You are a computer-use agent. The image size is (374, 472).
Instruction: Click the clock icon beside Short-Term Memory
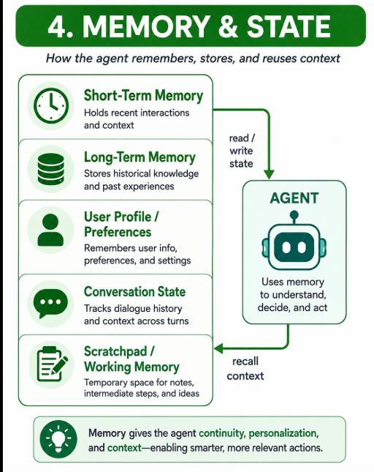(51, 105)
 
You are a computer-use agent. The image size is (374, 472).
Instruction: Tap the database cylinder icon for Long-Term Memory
(51, 169)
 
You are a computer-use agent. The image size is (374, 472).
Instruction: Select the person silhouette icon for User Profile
(50, 230)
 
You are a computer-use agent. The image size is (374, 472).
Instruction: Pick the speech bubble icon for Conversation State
(50, 304)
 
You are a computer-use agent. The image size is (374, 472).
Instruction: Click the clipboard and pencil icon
(53, 364)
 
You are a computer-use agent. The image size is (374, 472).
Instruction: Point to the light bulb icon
(58, 439)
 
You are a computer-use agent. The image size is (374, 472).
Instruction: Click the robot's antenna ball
(294, 215)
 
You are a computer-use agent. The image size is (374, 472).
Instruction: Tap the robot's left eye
(286, 247)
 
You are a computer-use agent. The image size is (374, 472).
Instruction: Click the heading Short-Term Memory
(143, 96)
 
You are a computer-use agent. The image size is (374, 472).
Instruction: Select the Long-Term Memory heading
(140, 157)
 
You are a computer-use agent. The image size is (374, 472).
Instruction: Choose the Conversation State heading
(134, 292)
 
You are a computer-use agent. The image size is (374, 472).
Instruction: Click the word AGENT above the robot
(294, 198)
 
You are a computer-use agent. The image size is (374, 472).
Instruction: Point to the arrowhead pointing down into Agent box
(269, 175)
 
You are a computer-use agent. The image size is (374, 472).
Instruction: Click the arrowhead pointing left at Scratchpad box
(218, 349)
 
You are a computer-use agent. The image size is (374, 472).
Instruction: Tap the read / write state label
(242, 151)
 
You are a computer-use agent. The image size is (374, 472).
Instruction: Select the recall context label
(245, 368)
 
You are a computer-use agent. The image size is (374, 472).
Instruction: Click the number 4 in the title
(58, 26)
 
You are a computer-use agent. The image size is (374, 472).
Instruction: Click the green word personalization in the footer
(283, 433)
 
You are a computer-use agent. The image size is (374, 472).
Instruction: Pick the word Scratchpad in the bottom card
(115, 351)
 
